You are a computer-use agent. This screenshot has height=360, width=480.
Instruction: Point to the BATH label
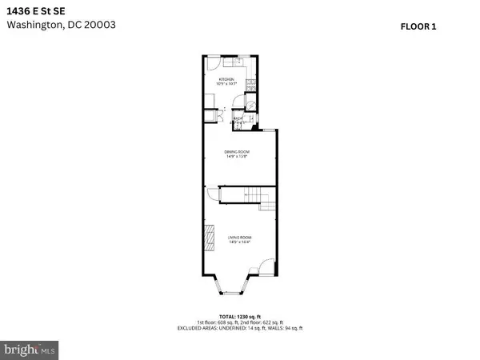238,118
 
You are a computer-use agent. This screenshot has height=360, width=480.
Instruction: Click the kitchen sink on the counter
238,61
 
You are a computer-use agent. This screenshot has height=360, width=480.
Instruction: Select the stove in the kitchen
250,85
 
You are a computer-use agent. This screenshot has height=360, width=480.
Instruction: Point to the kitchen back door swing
213,62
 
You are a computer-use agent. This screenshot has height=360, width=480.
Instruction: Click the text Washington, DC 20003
62,25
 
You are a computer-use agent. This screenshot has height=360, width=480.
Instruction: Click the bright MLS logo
32,349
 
